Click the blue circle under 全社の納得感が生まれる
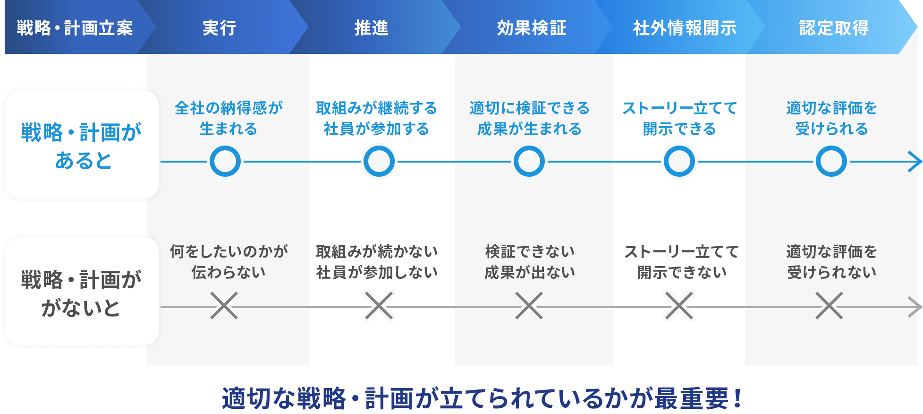tap(225, 162)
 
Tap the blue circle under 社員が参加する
tap(379, 162)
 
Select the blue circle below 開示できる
tap(679, 162)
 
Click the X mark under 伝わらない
tap(224, 306)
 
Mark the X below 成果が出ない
tap(529, 306)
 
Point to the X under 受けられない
tap(829, 306)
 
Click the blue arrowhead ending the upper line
tap(916, 162)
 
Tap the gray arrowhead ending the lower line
tap(916, 307)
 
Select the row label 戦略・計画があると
tap(82, 146)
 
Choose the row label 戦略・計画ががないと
tap(82, 293)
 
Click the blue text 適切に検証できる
tap(529, 108)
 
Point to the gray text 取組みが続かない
tap(376, 251)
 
